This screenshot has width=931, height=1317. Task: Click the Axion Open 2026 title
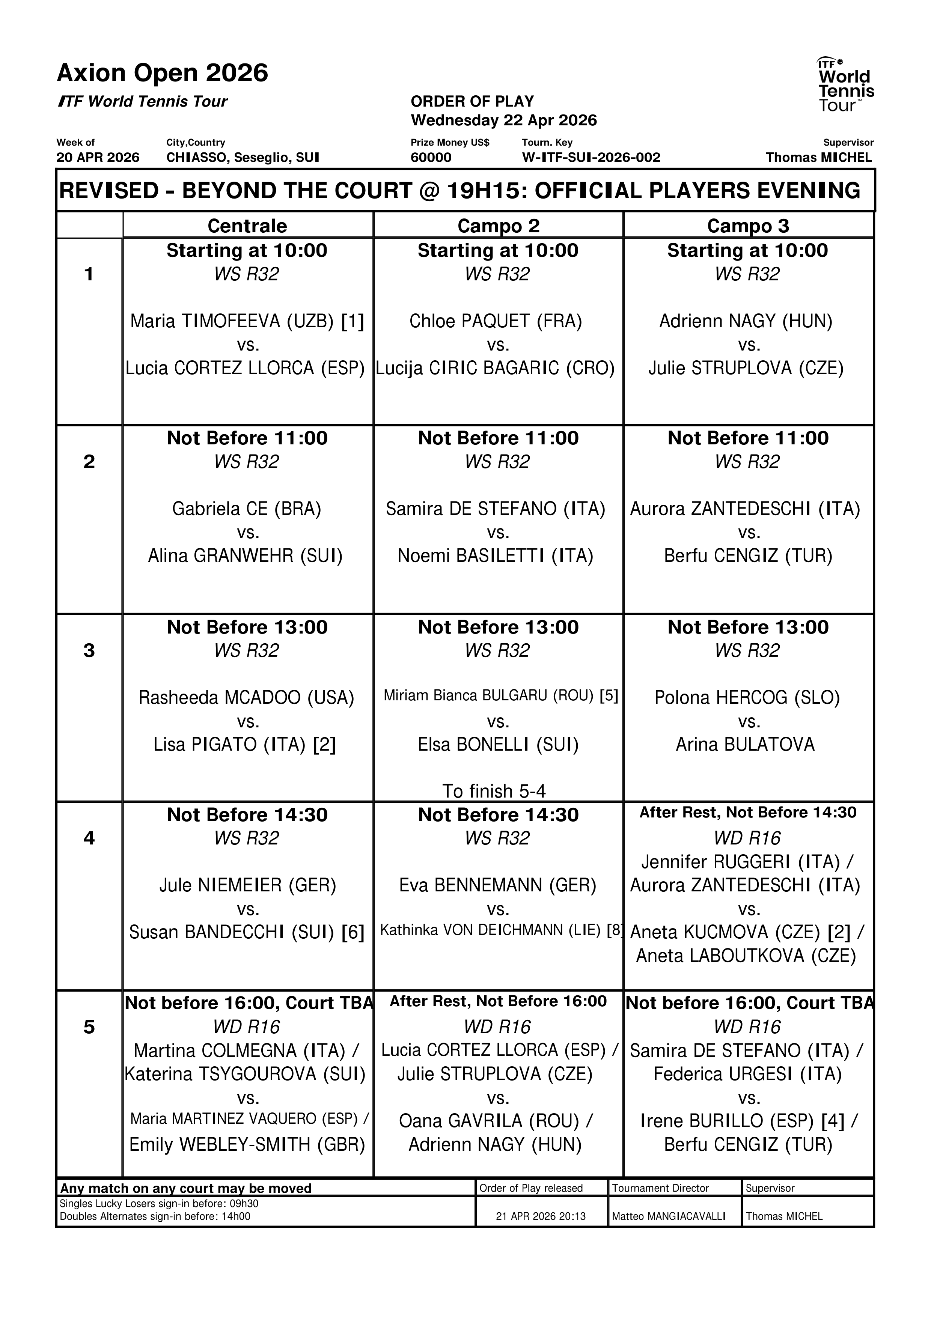(162, 73)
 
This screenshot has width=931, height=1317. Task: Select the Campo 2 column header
(498, 226)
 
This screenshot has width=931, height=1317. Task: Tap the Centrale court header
(247, 226)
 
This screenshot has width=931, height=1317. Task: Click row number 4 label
(89, 838)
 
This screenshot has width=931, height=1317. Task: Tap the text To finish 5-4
(494, 791)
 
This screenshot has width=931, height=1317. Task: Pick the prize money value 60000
(431, 157)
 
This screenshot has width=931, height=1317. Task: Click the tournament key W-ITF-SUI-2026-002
(591, 157)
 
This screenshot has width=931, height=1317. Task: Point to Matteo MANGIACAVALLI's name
(668, 1216)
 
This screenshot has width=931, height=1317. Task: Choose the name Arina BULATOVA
(744, 745)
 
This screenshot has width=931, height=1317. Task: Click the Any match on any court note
(186, 1188)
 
